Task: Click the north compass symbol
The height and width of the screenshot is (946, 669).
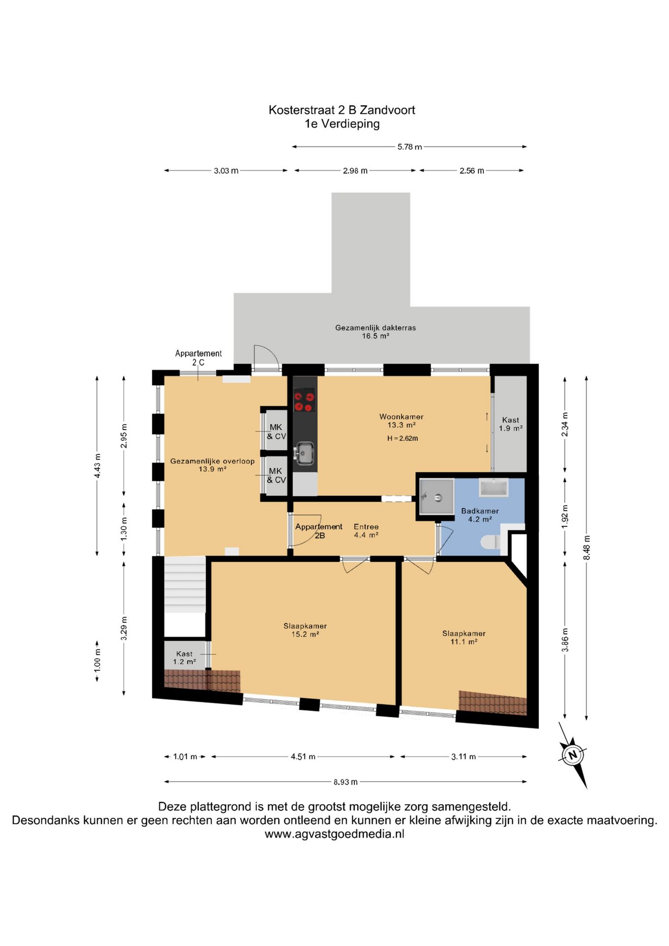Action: pos(572,755)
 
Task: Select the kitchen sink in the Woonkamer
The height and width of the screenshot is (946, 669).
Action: pos(305,453)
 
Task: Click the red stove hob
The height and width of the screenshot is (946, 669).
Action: pos(304,400)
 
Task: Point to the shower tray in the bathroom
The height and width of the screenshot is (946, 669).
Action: pos(436,497)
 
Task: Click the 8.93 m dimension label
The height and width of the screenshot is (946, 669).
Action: pos(345,781)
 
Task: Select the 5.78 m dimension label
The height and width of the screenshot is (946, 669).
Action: pos(410,147)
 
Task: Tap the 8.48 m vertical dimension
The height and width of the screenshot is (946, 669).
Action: pos(586,547)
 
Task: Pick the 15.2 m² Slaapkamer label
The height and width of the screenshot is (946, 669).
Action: pos(305,630)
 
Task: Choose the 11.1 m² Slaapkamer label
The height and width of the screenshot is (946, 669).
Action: pos(464,637)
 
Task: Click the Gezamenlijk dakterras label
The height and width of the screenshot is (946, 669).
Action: pos(375,332)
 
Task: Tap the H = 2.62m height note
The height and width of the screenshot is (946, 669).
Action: pos(402,438)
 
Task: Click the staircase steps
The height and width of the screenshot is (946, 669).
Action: pos(184,584)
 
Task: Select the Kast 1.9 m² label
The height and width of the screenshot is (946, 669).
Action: pos(510,424)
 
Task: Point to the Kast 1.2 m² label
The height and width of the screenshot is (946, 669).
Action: pos(184,657)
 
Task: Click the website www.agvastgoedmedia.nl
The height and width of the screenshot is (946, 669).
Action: pos(334,834)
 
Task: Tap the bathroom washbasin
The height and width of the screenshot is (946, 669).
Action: pos(493,488)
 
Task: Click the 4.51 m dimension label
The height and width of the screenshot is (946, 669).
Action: pos(303,756)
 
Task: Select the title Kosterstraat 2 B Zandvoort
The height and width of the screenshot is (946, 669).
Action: pos(342,110)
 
